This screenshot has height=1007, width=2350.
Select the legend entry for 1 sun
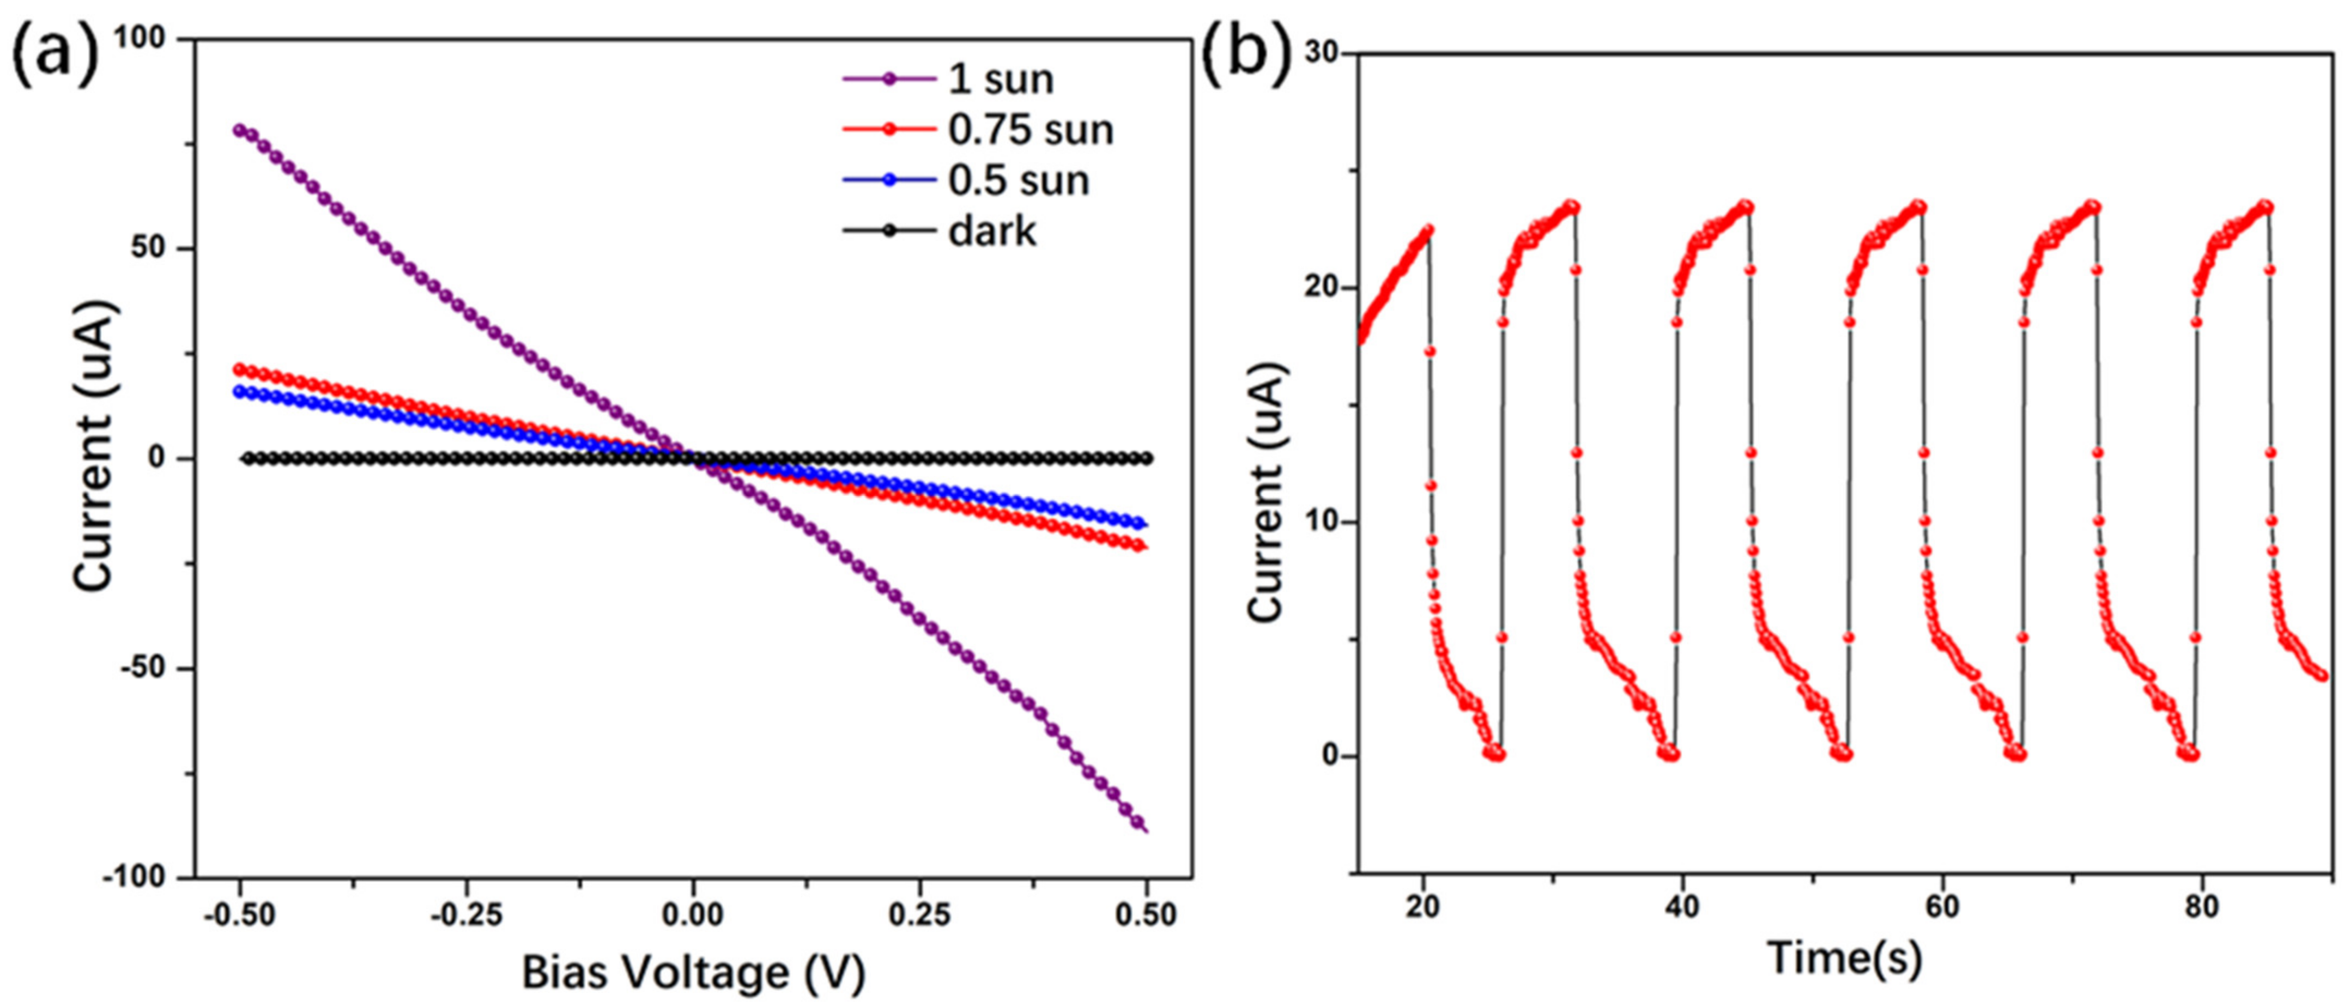[x=1001, y=80]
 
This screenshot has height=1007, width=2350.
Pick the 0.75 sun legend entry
[x=1031, y=130]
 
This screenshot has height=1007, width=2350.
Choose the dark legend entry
[x=992, y=232]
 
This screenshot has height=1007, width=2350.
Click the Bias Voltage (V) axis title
[x=693, y=972]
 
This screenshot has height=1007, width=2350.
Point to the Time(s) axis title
[x=1845, y=958]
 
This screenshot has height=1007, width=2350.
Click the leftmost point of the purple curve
[x=240, y=130]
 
